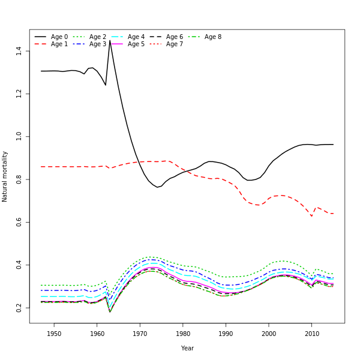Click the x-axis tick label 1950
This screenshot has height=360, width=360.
tap(54, 334)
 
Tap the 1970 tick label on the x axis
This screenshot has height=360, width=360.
tap(140, 334)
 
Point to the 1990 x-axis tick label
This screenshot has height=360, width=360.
tap(226, 334)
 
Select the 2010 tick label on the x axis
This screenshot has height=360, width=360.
tap(312, 334)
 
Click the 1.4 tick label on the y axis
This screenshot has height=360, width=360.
tap(19, 51)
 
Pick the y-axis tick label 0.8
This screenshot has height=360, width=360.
tap(19, 179)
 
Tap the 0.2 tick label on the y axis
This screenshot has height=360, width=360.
tap(19, 307)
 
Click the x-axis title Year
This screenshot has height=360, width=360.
tap(187, 348)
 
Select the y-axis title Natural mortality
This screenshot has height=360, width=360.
tap(5, 176)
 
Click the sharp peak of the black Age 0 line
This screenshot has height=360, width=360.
tap(110, 41)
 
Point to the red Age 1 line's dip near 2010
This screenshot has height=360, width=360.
tap(311, 216)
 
